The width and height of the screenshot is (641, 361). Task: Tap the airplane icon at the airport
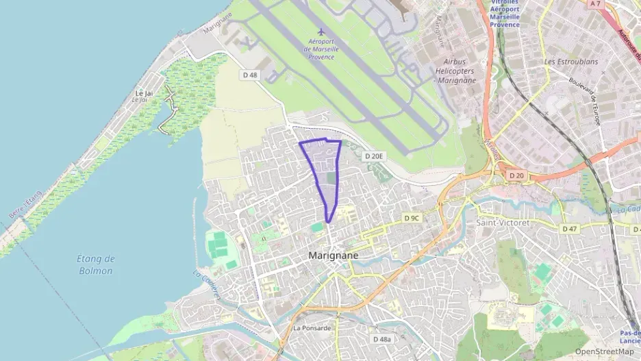pyautogui.click(x=320, y=32)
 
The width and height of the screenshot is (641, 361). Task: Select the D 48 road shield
pyautogui.click(x=251, y=75)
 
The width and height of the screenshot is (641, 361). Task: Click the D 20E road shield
pyautogui.click(x=375, y=156)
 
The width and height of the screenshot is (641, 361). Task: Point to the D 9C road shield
pyautogui.click(x=412, y=218)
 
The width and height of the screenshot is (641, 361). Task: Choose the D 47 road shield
pyautogui.click(x=569, y=228)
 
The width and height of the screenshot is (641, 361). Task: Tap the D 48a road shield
pyautogui.click(x=382, y=339)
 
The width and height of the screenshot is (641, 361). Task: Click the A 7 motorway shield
pyautogui.click(x=594, y=3)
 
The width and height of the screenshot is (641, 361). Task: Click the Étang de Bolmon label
pyautogui.click(x=95, y=264)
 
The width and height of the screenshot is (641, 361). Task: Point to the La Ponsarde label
pyautogui.click(x=312, y=327)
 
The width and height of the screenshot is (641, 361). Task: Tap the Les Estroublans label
pyautogui.click(x=570, y=61)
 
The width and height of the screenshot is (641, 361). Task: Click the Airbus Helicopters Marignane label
pyautogui.click(x=455, y=71)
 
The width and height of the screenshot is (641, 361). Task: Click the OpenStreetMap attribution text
pyautogui.click(x=604, y=351)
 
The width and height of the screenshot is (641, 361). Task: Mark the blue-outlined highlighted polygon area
pyautogui.click(x=325, y=171)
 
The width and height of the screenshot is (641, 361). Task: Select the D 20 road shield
pyautogui.click(x=516, y=176)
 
